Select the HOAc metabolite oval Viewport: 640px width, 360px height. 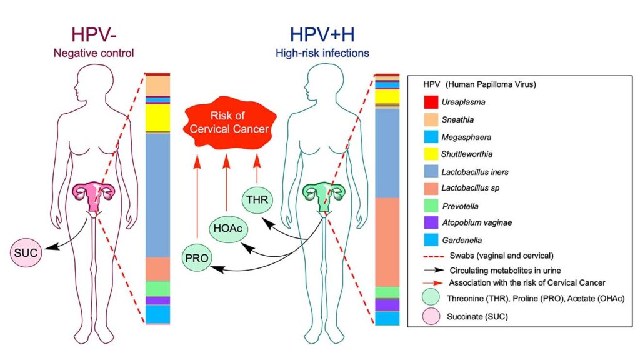click(226, 228)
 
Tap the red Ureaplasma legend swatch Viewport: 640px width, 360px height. click(431, 102)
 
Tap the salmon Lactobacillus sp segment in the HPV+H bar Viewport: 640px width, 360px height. click(386, 241)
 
